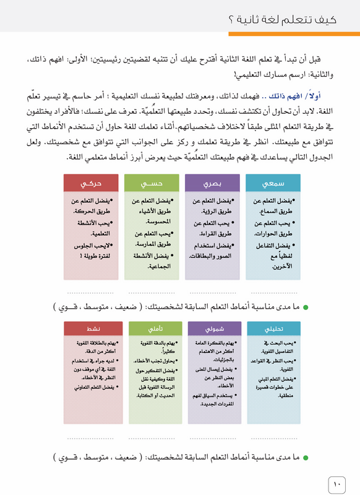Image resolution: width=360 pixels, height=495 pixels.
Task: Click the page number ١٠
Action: click(336, 483)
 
